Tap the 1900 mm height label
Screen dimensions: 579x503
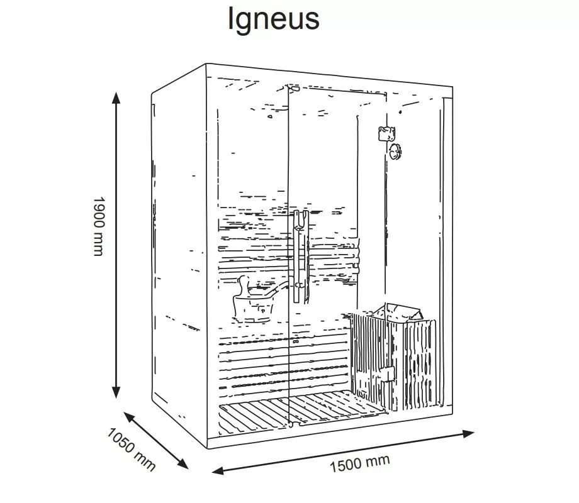pyautogui.click(x=99, y=226)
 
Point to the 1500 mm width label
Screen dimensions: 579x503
pyautogui.click(x=359, y=463)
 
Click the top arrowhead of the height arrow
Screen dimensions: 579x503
pyautogui.click(x=116, y=98)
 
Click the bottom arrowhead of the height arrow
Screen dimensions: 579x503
pyautogui.click(x=116, y=392)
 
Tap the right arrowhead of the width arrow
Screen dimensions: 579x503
pyautogui.click(x=468, y=434)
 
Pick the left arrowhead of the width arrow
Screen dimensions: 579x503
pyautogui.click(x=218, y=470)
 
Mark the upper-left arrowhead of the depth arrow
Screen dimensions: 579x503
pyautogui.click(x=129, y=417)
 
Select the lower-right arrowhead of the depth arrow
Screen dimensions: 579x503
pyautogui.click(x=183, y=463)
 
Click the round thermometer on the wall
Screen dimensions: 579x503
pyautogui.click(x=395, y=152)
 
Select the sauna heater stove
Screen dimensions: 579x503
pyautogui.click(x=393, y=358)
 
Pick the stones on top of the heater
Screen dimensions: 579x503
pyautogui.click(x=399, y=312)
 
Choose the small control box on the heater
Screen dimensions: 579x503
pyautogui.click(x=388, y=375)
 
